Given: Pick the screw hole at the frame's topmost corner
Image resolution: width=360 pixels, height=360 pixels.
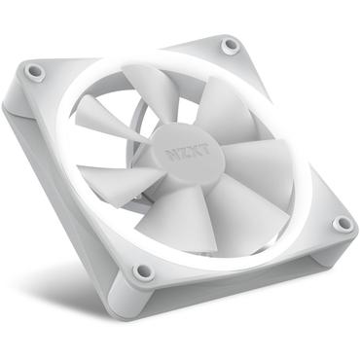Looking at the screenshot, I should coord(230,45).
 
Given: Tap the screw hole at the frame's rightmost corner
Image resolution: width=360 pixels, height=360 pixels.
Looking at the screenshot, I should coord(342,223).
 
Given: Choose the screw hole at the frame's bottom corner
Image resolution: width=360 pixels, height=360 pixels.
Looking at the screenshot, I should coord(143,270).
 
